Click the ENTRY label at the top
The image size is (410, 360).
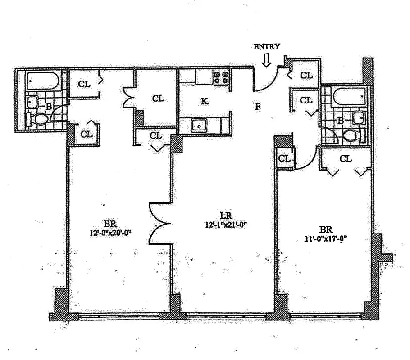267,46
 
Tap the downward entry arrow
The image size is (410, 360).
267,60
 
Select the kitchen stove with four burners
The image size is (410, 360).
221,77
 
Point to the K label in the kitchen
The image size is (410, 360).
205,101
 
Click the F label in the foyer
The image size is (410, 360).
258,107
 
